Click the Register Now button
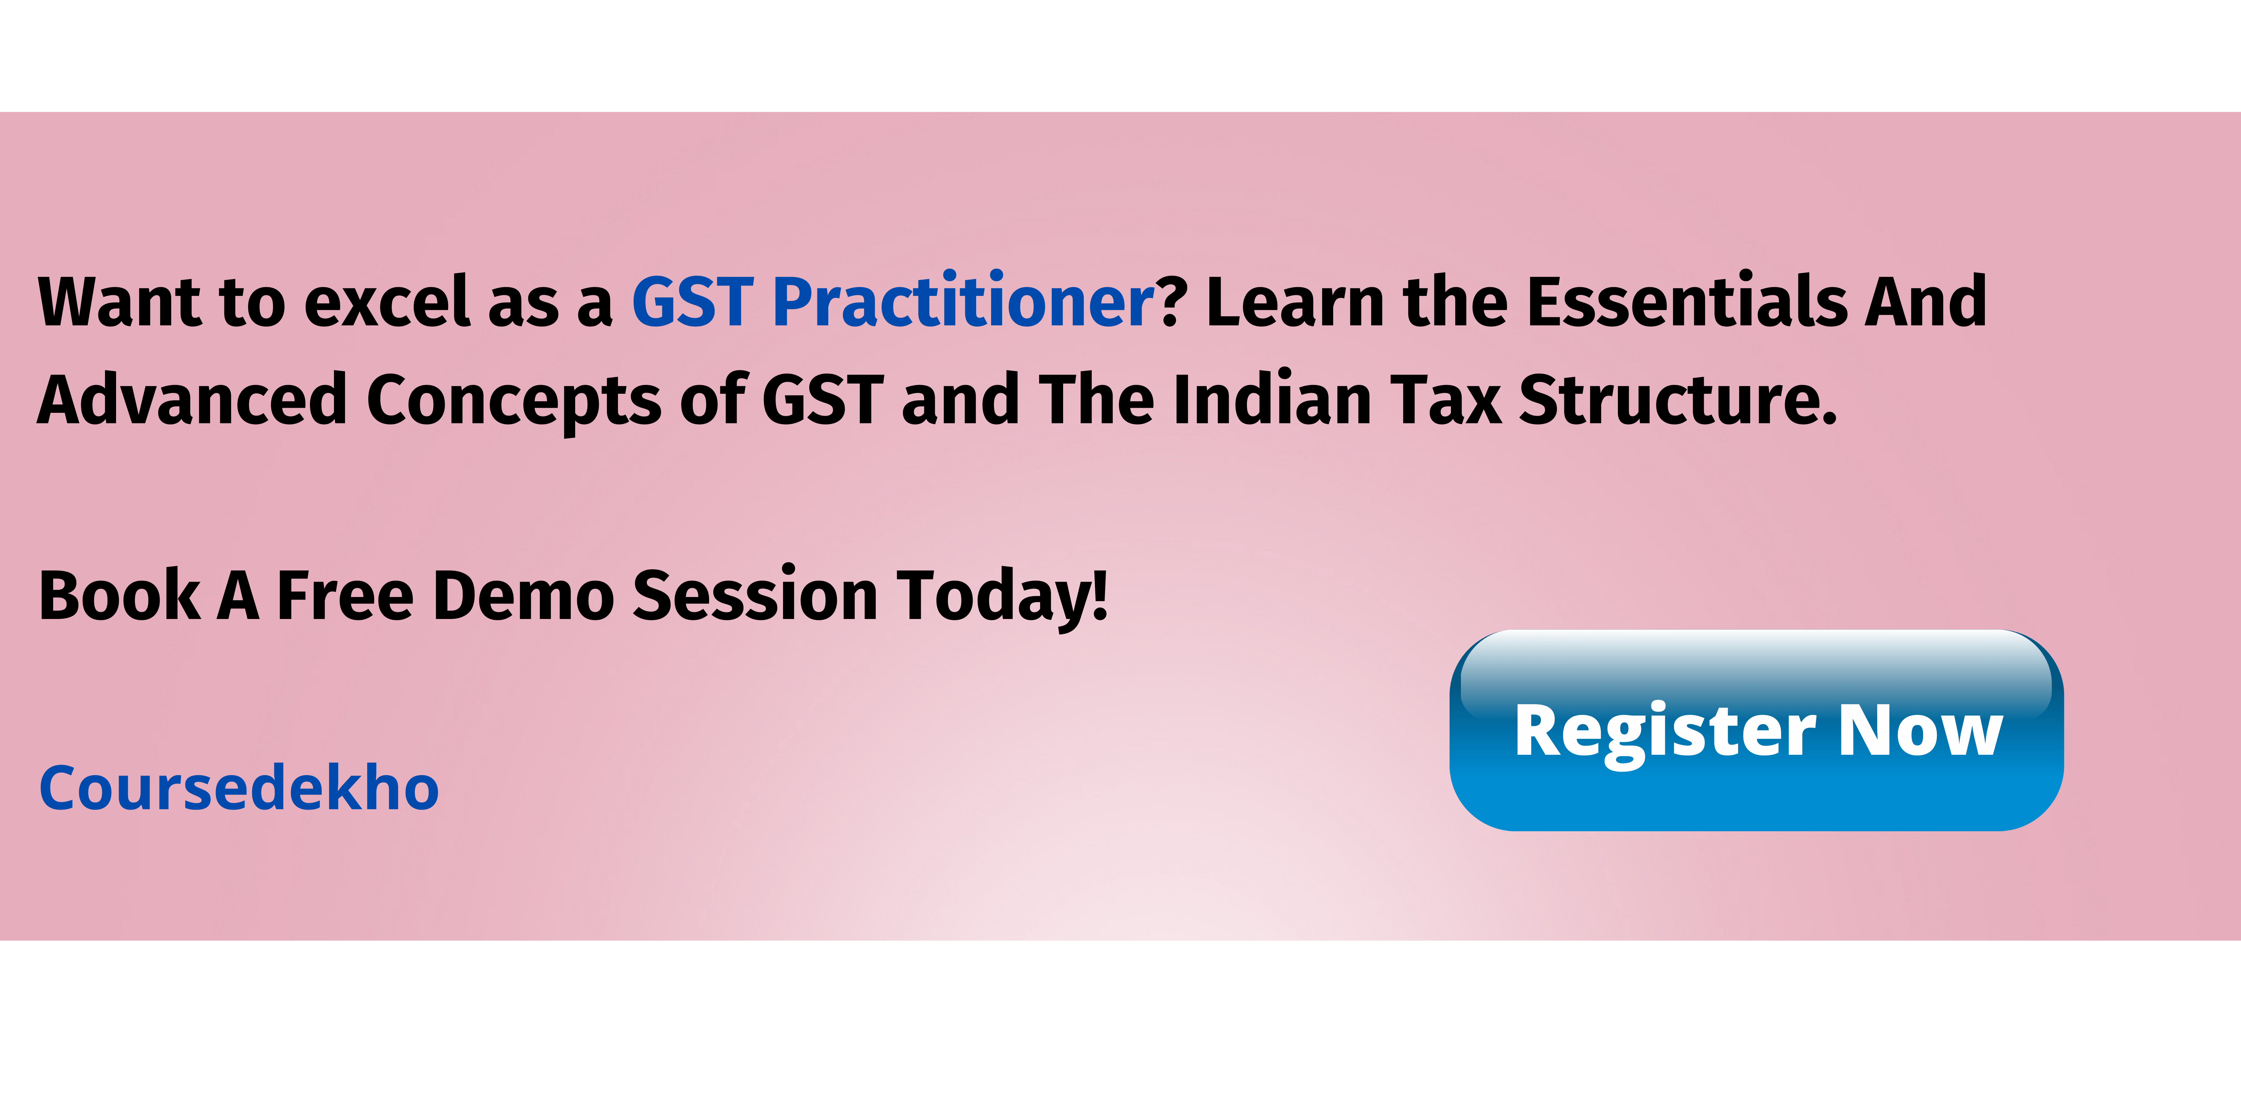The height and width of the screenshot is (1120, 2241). pos(1756,730)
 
